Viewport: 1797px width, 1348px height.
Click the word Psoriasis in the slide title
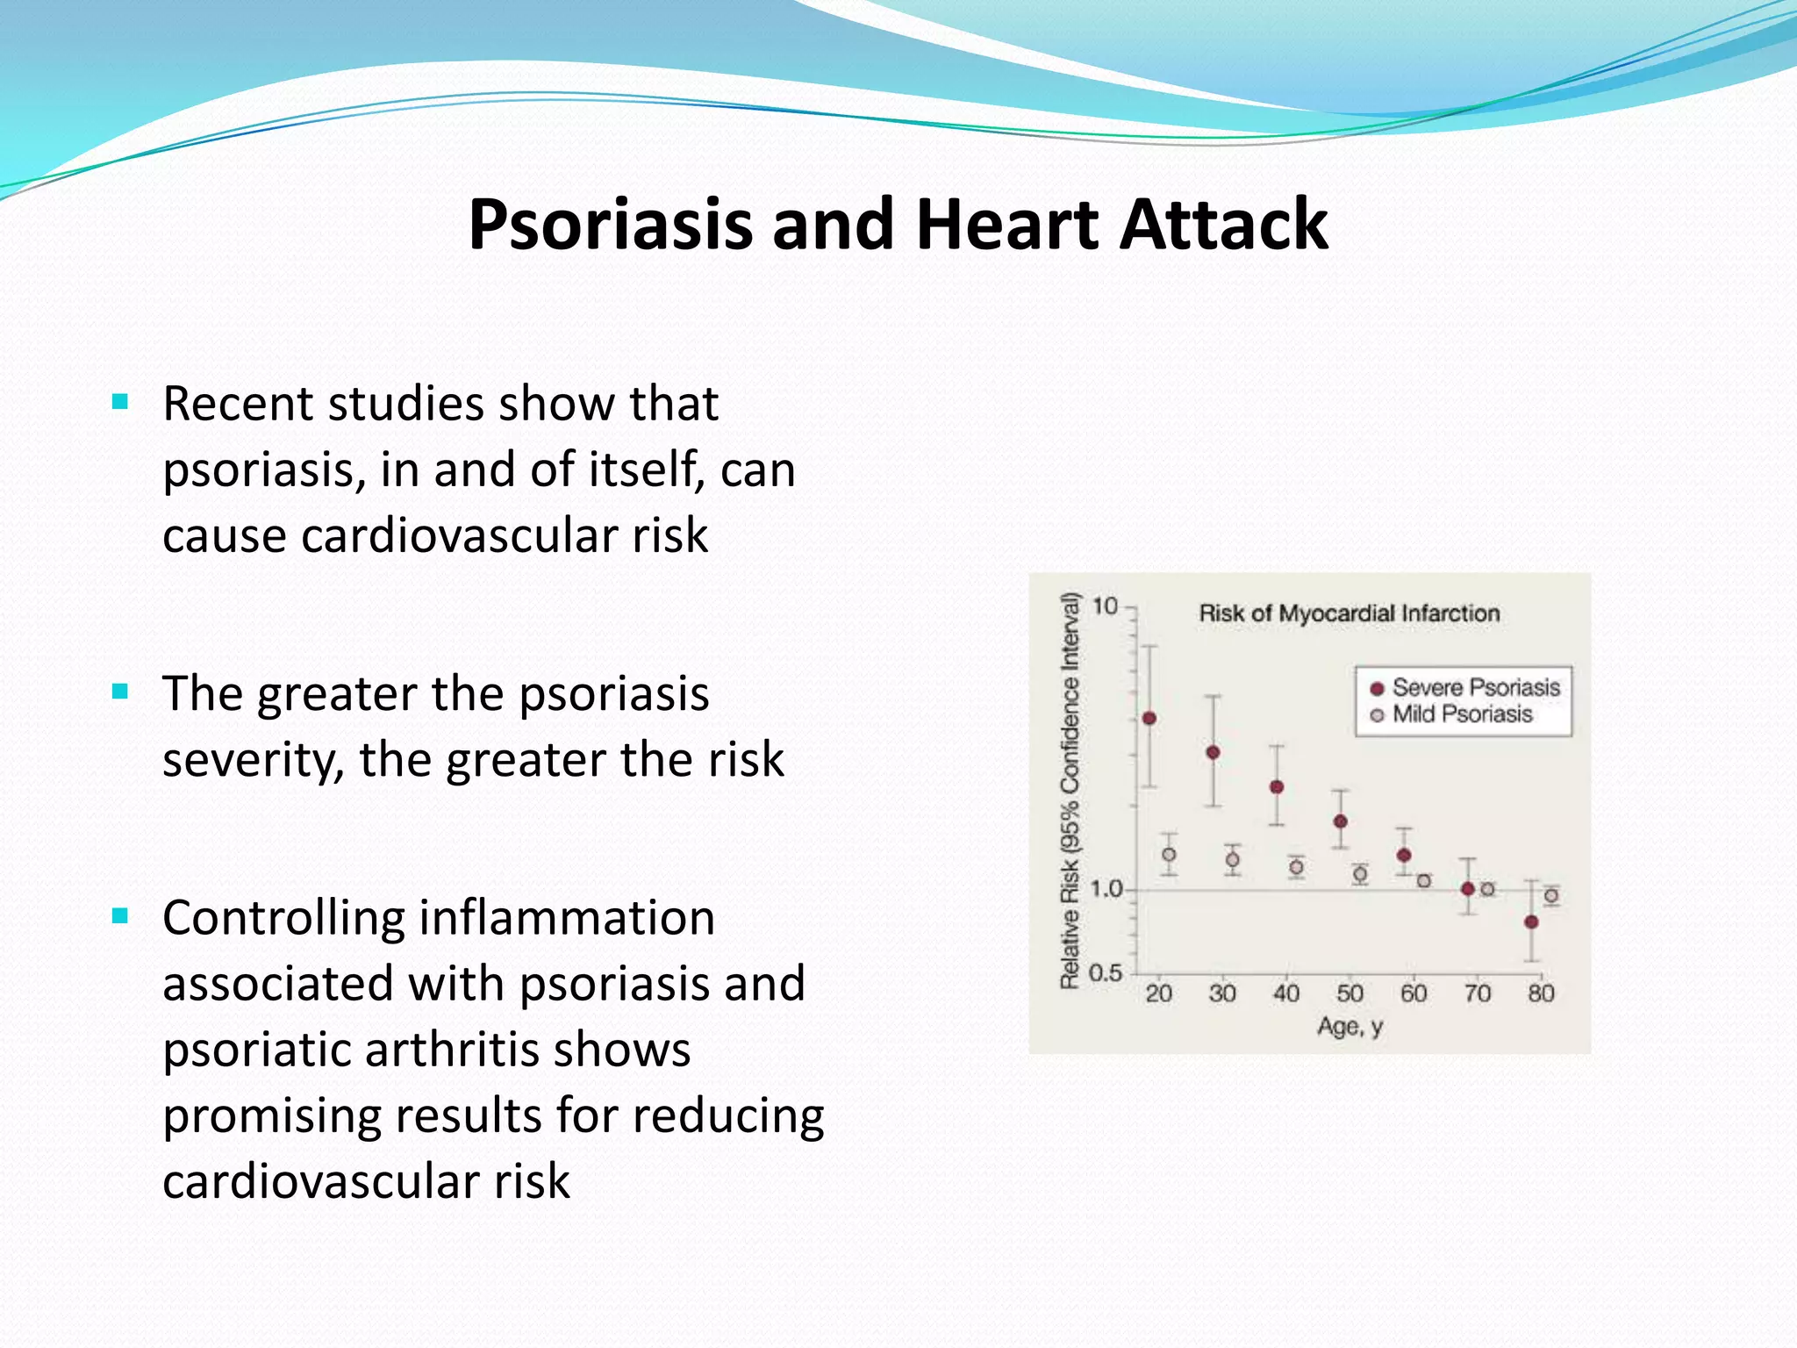610,226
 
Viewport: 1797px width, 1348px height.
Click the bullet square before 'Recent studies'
121,403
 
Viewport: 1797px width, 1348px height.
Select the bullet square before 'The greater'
121,692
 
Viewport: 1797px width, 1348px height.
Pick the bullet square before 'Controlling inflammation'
121,917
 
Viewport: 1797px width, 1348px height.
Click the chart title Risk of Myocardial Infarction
1349,613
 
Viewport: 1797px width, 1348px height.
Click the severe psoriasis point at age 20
1149,718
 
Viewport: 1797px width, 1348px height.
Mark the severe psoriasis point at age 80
1531,921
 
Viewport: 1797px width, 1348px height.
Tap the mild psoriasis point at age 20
1169,854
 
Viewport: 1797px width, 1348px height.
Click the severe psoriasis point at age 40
1277,786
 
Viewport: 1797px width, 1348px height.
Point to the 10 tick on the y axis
1106,606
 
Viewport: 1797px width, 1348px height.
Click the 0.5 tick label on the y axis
1106,972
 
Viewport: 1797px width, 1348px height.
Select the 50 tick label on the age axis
1350,993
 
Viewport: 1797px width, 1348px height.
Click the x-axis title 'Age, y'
1350,1026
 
